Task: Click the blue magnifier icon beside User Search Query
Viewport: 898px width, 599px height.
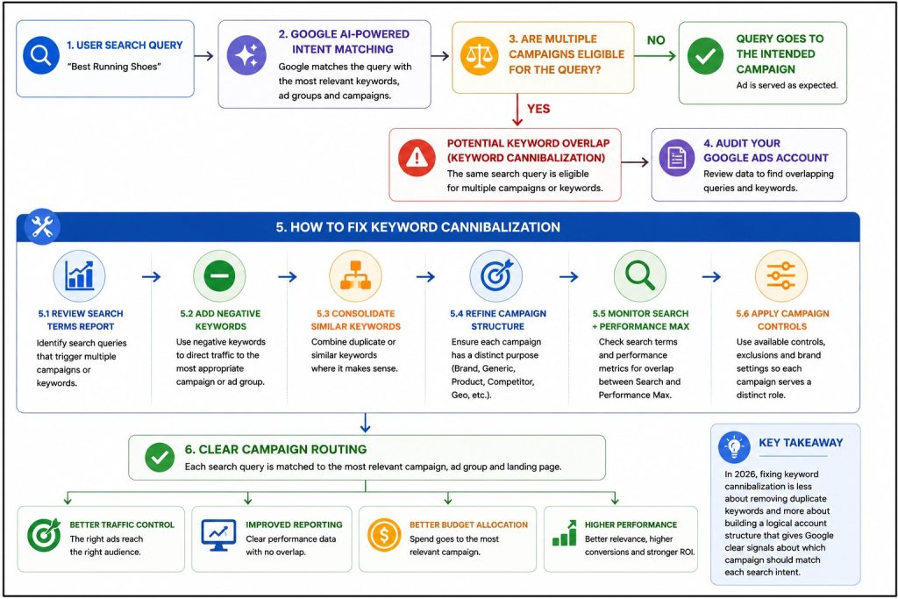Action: point(41,55)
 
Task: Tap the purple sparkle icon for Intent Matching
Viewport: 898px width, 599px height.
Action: point(246,55)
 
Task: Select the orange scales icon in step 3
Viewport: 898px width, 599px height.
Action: point(480,55)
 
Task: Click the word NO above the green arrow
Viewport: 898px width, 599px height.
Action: point(656,40)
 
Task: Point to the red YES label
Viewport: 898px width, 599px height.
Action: point(538,109)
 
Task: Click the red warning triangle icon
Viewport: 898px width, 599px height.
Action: point(417,157)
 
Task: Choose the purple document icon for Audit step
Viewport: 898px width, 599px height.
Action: point(676,157)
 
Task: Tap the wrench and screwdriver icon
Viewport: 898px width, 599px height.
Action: point(42,227)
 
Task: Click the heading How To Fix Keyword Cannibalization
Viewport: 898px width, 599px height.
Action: point(418,227)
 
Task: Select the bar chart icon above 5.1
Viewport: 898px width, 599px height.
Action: point(80,276)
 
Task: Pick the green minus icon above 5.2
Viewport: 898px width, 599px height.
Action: point(218,276)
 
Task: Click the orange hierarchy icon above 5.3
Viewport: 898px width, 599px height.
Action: point(356,276)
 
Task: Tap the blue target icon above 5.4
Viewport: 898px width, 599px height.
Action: point(496,276)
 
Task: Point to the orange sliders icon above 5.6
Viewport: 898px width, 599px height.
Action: point(781,276)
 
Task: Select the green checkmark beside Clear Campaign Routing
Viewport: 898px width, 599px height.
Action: point(160,457)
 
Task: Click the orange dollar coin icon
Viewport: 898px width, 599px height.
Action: point(384,536)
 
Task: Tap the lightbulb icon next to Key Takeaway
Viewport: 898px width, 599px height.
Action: point(734,447)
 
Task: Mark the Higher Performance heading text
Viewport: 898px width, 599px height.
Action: point(631,524)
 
